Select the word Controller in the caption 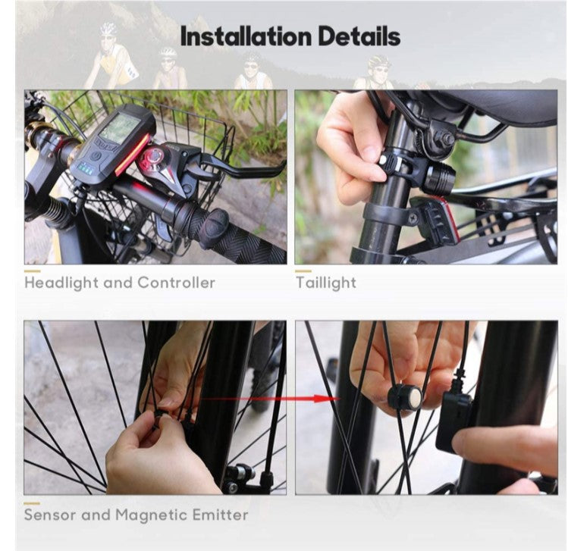click(176, 283)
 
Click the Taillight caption click(325, 283)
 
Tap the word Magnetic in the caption click(150, 515)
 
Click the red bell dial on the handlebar click(155, 158)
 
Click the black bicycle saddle click(493, 106)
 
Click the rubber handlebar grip click(228, 235)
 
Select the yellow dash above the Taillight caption click(303, 271)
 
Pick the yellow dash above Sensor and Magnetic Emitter click(32, 503)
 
